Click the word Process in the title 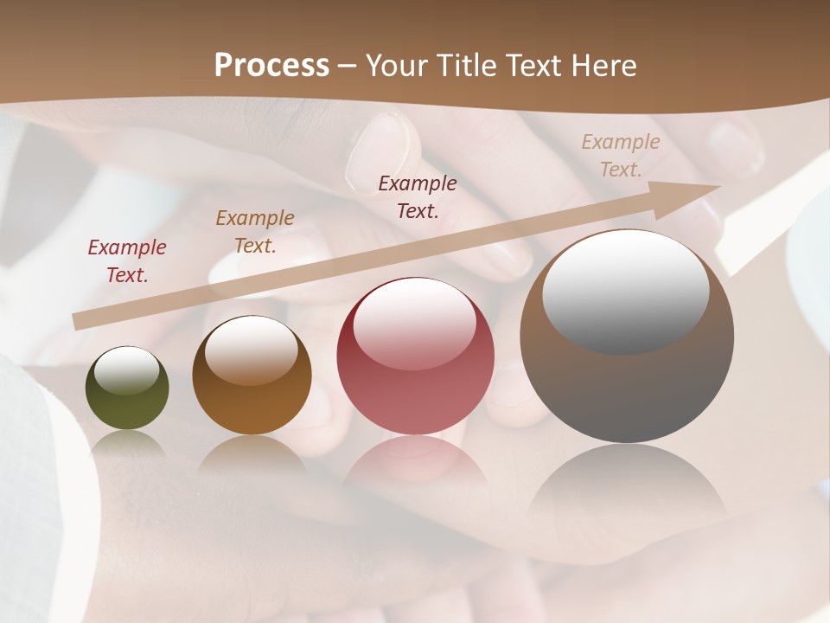point(271,65)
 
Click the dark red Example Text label point(127,261)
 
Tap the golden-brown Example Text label point(255,231)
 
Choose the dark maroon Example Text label point(418,196)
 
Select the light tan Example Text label point(621,155)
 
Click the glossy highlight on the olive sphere point(126,371)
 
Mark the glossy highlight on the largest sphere point(625,290)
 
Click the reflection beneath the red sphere point(415,463)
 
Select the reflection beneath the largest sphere point(627,485)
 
